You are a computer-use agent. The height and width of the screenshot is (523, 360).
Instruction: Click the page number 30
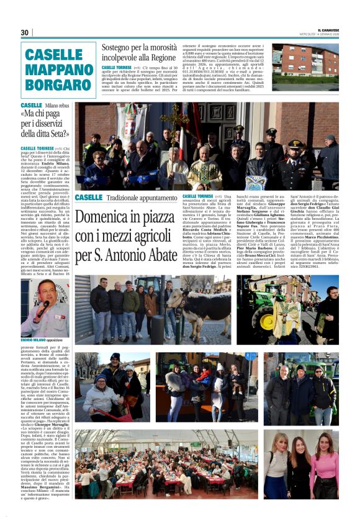[25, 33]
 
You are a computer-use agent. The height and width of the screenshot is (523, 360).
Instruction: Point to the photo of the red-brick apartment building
[305, 61]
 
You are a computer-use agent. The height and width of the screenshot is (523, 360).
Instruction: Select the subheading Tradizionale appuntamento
[132, 198]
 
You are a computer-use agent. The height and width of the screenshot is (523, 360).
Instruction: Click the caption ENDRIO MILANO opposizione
[42, 340]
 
